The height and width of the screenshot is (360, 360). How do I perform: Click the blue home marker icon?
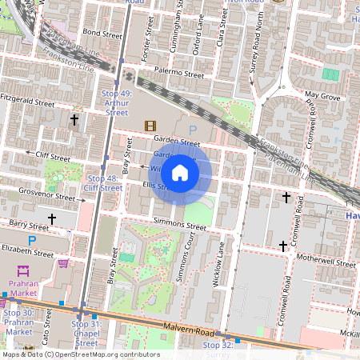coord(180,172)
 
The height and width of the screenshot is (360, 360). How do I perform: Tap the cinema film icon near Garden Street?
coord(150,126)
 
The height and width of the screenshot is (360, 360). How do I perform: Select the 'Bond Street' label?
coord(102,34)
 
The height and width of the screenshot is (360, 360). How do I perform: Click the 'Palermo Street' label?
coord(180,73)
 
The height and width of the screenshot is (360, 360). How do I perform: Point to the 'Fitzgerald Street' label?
coord(27,103)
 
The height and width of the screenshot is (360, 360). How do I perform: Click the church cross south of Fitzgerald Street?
coord(74,120)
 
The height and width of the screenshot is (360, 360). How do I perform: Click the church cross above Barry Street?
coord(53,218)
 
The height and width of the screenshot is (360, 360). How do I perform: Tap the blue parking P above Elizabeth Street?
coord(32,240)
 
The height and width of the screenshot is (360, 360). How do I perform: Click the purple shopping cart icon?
coord(63,263)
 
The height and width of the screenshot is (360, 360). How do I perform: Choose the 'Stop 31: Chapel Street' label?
coord(86,334)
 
